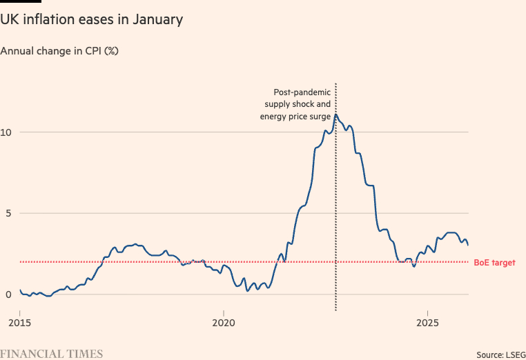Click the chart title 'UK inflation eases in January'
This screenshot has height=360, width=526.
tap(92, 19)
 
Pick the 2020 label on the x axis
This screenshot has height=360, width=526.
tap(224, 323)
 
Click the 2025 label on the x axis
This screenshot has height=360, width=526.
tap(427, 323)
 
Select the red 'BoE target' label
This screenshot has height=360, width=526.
tap(494, 263)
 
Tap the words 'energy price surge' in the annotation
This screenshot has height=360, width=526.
tap(295, 117)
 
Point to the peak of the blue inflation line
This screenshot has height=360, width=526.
tap(335, 114)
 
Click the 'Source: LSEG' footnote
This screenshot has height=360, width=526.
tap(500, 354)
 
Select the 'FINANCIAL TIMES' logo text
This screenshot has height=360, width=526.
tap(52, 354)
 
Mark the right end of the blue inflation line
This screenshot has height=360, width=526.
tap(468, 245)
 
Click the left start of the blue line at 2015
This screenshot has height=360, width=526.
tap(20, 290)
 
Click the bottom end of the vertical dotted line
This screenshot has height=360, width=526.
tap(335, 310)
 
